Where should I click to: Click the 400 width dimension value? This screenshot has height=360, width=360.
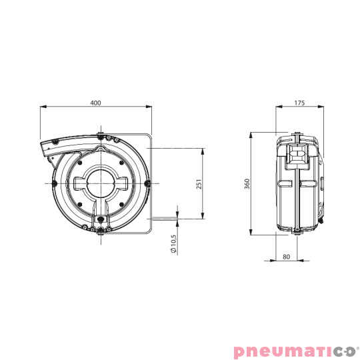[96, 103]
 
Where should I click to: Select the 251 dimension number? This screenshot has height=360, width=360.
[198, 183]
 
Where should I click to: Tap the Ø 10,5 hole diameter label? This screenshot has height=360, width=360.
[174, 244]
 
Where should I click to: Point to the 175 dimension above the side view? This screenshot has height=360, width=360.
[299, 103]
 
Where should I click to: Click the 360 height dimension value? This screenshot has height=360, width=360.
[247, 184]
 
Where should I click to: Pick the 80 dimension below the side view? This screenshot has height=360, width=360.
[286, 256]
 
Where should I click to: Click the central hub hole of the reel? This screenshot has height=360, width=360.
[100, 181]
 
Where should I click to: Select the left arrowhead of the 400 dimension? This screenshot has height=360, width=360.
[43, 107]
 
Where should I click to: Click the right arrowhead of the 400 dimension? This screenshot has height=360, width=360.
[151, 107]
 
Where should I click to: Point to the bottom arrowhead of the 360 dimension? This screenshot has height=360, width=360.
[251, 234]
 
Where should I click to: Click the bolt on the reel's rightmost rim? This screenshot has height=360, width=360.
[147, 182]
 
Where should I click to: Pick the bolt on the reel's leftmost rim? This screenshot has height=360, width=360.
[53, 182]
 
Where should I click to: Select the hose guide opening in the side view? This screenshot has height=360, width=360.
[299, 154]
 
